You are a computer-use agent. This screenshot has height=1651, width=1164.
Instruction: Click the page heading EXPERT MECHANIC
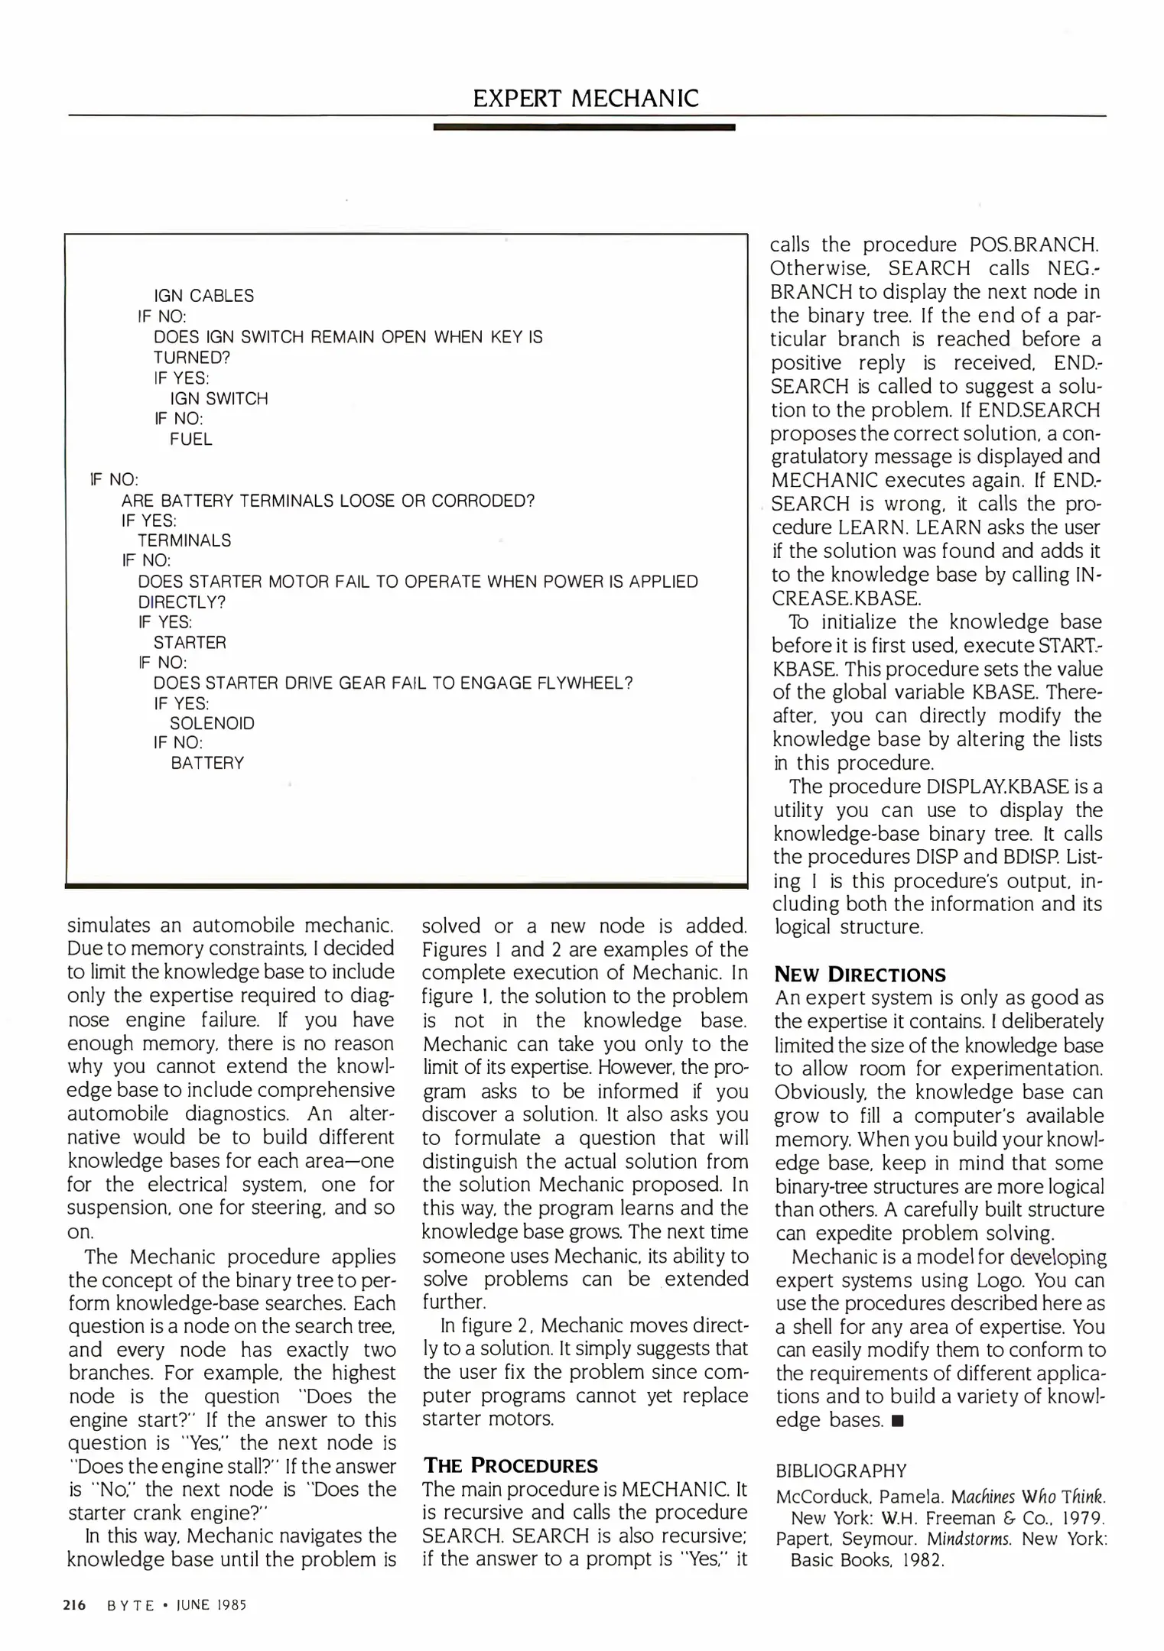tap(585, 99)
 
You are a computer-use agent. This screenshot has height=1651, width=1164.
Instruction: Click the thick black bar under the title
tap(584, 128)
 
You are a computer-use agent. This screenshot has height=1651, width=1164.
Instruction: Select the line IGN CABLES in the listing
tap(203, 296)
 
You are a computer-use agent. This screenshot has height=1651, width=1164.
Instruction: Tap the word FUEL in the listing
tap(190, 440)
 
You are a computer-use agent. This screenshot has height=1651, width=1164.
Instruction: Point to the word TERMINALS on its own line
tap(184, 540)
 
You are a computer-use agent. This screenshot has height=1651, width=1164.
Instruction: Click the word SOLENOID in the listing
tap(212, 723)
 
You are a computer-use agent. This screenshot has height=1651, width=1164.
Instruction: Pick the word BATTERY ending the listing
tap(207, 763)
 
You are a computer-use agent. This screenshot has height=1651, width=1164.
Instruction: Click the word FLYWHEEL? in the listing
tap(588, 683)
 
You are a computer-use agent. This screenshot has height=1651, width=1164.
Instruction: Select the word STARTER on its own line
tap(190, 642)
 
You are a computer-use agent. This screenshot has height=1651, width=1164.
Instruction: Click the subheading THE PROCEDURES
tap(510, 1465)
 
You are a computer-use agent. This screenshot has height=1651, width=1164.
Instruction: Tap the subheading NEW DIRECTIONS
tap(860, 975)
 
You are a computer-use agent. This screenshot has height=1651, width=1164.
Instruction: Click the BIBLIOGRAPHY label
tap(840, 1471)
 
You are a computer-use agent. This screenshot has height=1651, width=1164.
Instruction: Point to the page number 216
tap(74, 1605)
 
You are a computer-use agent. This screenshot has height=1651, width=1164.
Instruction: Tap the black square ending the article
tap(898, 1422)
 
